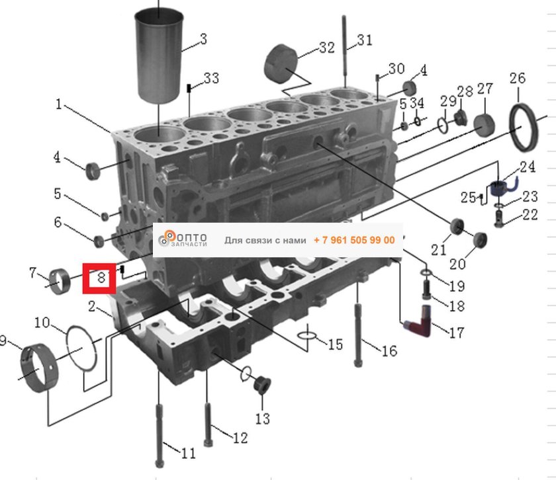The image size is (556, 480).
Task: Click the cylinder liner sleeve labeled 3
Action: (x=160, y=56)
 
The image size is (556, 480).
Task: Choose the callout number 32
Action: (x=326, y=48)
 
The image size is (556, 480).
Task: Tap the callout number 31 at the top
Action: (x=365, y=40)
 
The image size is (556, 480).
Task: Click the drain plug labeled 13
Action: (x=261, y=384)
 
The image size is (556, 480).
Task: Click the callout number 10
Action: (x=42, y=323)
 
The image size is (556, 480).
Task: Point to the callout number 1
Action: (x=58, y=104)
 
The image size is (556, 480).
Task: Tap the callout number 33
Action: (x=211, y=79)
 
